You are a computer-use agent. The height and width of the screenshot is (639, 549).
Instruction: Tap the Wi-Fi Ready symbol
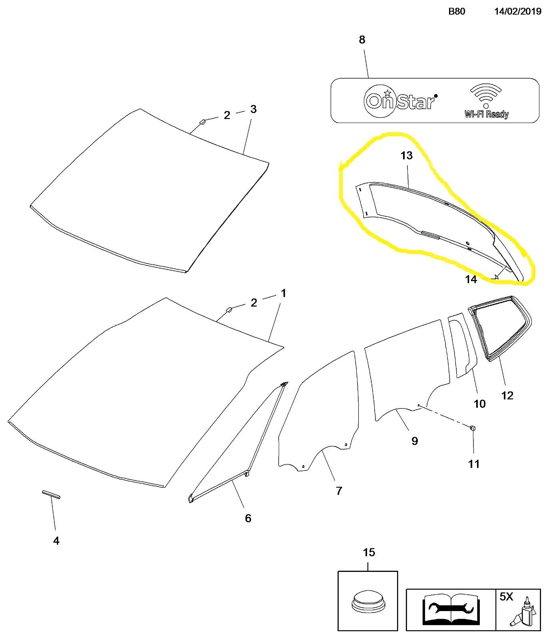point(486,101)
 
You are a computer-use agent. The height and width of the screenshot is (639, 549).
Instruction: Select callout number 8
point(362,40)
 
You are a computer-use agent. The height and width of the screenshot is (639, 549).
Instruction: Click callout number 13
point(406,155)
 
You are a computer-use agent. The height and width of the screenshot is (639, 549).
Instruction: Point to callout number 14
point(471,279)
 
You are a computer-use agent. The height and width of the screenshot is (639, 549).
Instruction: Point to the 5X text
point(506,597)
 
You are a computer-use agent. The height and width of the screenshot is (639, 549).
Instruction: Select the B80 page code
point(457,11)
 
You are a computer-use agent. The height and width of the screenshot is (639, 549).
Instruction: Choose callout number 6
point(248,518)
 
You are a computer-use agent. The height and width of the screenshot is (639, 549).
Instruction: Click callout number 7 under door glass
point(339,491)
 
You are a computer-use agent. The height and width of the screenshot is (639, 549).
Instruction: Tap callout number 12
point(507,395)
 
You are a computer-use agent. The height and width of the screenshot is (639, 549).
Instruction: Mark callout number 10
point(479,404)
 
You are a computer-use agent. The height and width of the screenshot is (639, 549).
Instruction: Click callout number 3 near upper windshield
point(253,109)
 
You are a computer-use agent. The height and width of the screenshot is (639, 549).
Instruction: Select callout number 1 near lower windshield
point(283,294)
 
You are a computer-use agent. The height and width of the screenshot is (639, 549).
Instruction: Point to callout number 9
point(415,441)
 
